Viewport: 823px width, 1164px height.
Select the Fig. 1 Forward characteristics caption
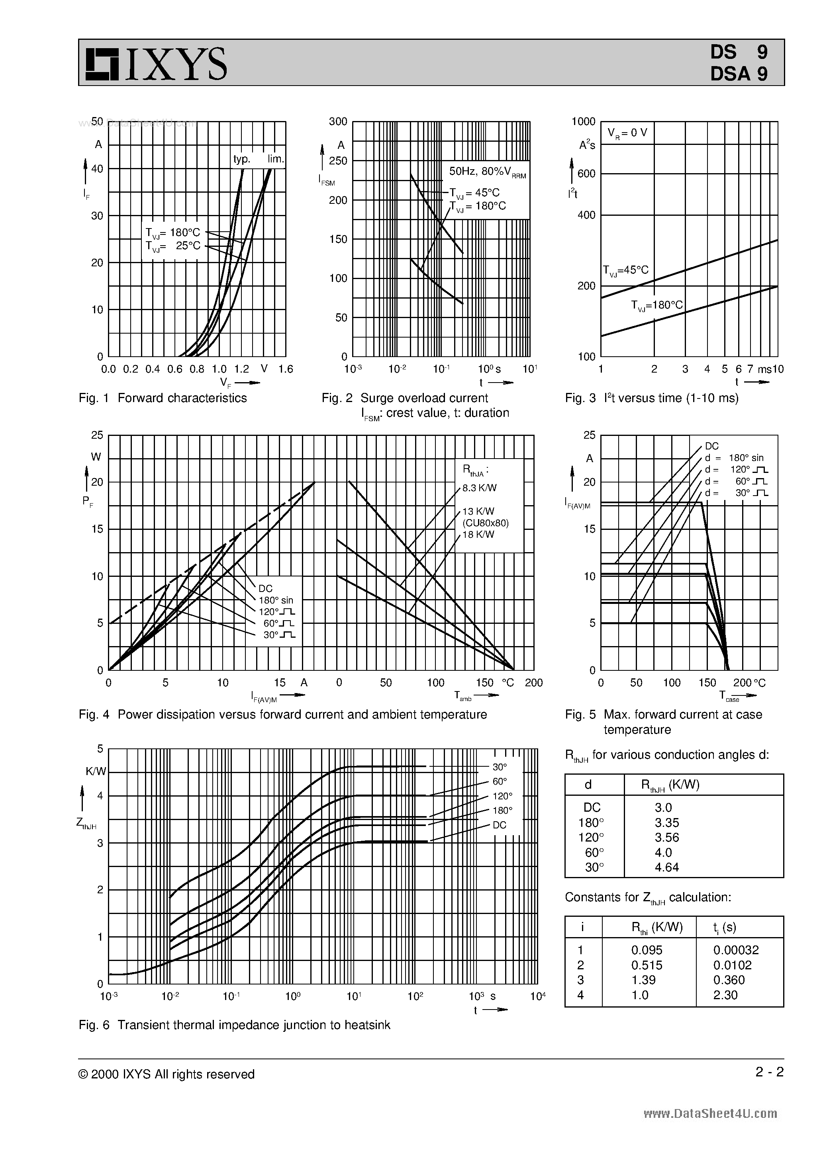tap(163, 398)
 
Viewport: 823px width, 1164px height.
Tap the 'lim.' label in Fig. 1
tap(276, 159)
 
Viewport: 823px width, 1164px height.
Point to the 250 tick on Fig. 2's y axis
tap(338, 161)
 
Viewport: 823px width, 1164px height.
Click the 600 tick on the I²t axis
tap(586, 174)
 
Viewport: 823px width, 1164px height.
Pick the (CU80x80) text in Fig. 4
tap(485, 523)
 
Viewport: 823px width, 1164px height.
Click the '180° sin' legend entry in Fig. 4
tap(276, 600)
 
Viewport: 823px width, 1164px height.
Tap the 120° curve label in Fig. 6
tap(502, 796)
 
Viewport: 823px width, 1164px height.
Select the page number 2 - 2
tap(769, 1072)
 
